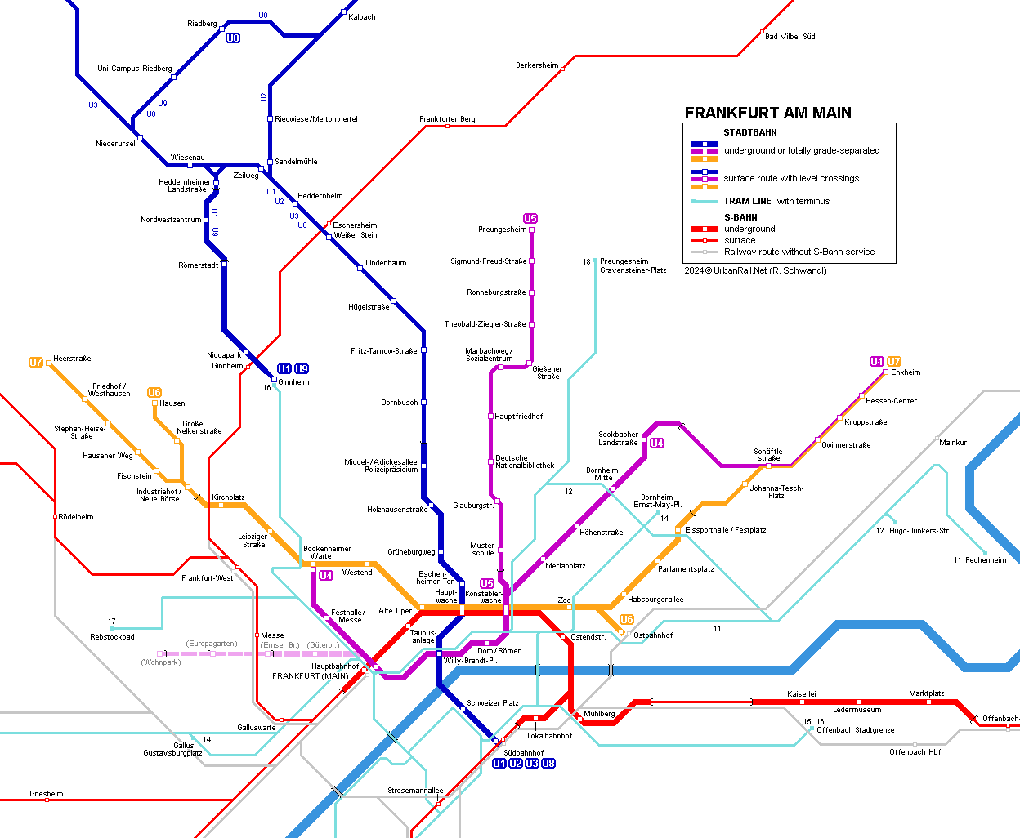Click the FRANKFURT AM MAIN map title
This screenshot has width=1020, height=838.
click(767, 114)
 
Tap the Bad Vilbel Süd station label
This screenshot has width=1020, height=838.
click(790, 37)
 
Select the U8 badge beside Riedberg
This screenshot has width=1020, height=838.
click(233, 38)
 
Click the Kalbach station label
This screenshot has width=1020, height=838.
click(362, 17)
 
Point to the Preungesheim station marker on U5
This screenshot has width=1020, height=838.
click(531, 230)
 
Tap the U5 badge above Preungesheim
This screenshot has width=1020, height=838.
click(530, 218)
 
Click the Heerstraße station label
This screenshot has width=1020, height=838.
click(72, 359)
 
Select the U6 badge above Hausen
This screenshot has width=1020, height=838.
click(154, 393)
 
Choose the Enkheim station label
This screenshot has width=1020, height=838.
click(906, 372)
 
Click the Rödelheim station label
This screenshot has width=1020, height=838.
click(76, 517)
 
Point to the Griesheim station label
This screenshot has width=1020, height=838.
click(46, 794)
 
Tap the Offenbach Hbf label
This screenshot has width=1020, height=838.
click(915, 752)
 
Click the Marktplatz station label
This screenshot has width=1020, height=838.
click(927, 693)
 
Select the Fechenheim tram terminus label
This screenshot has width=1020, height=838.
click(985, 560)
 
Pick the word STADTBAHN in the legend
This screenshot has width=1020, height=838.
click(749, 132)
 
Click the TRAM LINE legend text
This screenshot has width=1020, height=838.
click(747, 201)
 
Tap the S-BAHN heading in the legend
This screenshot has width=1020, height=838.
click(740, 217)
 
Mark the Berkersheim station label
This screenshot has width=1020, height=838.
click(537, 65)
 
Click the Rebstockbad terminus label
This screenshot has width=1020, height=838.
click(112, 637)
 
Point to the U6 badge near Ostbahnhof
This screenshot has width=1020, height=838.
click(627, 620)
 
